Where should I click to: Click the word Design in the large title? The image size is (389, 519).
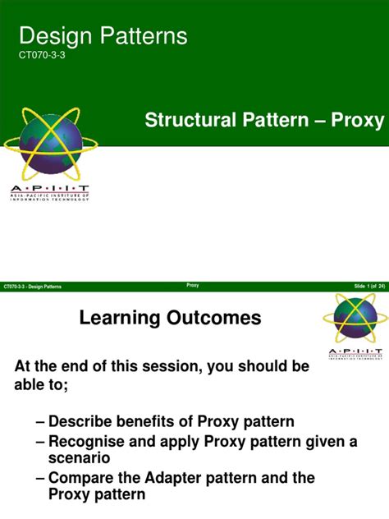(x=52, y=36)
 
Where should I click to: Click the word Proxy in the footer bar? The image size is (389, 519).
(x=193, y=285)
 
